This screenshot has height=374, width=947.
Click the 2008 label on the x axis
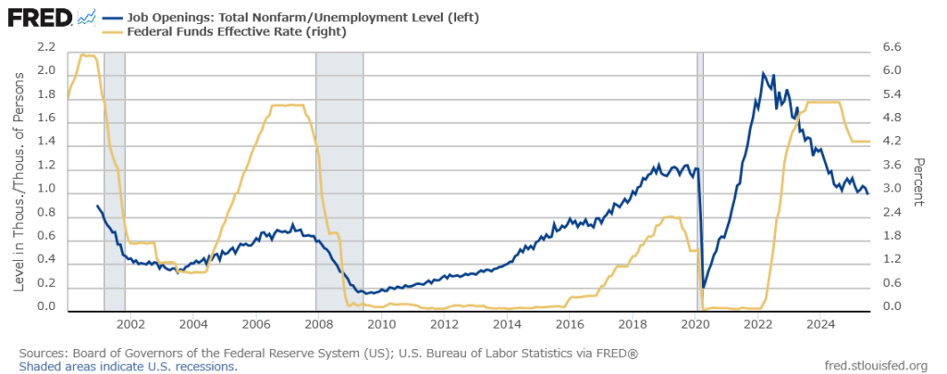(318, 325)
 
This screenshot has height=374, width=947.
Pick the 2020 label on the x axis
(695, 325)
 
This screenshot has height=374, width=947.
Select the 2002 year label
(129, 325)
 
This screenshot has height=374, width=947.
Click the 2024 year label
(821, 325)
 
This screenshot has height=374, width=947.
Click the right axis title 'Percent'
(920, 181)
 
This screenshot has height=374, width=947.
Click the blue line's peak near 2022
(762, 73)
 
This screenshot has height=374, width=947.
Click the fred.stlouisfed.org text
(876, 366)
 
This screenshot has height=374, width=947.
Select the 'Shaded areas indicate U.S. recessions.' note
(128, 366)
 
